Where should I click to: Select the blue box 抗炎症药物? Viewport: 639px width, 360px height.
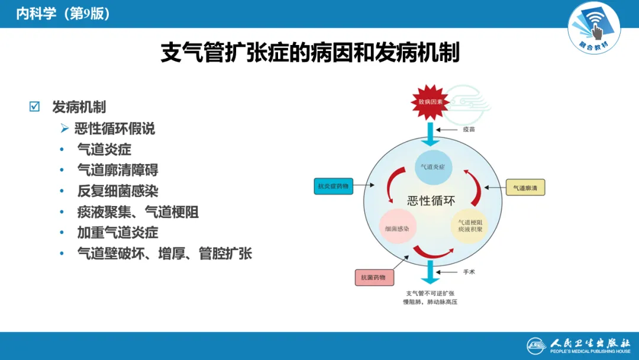pos(333,186)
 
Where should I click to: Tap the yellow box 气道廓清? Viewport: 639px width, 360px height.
pos(525,188)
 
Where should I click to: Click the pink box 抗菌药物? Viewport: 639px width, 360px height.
pos(374,277)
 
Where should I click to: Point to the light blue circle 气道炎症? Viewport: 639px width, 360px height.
pos(433,167)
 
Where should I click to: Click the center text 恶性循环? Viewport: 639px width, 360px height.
pos(431,200)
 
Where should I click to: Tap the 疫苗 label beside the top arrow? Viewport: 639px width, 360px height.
pos(469,128)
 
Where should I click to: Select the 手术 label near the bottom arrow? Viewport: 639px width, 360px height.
pos(469,272)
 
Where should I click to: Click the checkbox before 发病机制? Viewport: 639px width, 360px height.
pos(34,107)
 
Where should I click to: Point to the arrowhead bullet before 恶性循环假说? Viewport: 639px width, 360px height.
pos(64,128)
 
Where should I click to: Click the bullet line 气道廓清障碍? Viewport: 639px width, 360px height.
pos(118,171)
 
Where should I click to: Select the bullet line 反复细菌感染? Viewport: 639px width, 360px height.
pos(118,191)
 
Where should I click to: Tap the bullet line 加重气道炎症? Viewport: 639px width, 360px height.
pos(118,233)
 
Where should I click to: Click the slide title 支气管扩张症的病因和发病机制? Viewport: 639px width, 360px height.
pos(310,53)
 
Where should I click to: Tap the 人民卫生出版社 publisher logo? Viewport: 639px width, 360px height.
pos(579,345)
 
